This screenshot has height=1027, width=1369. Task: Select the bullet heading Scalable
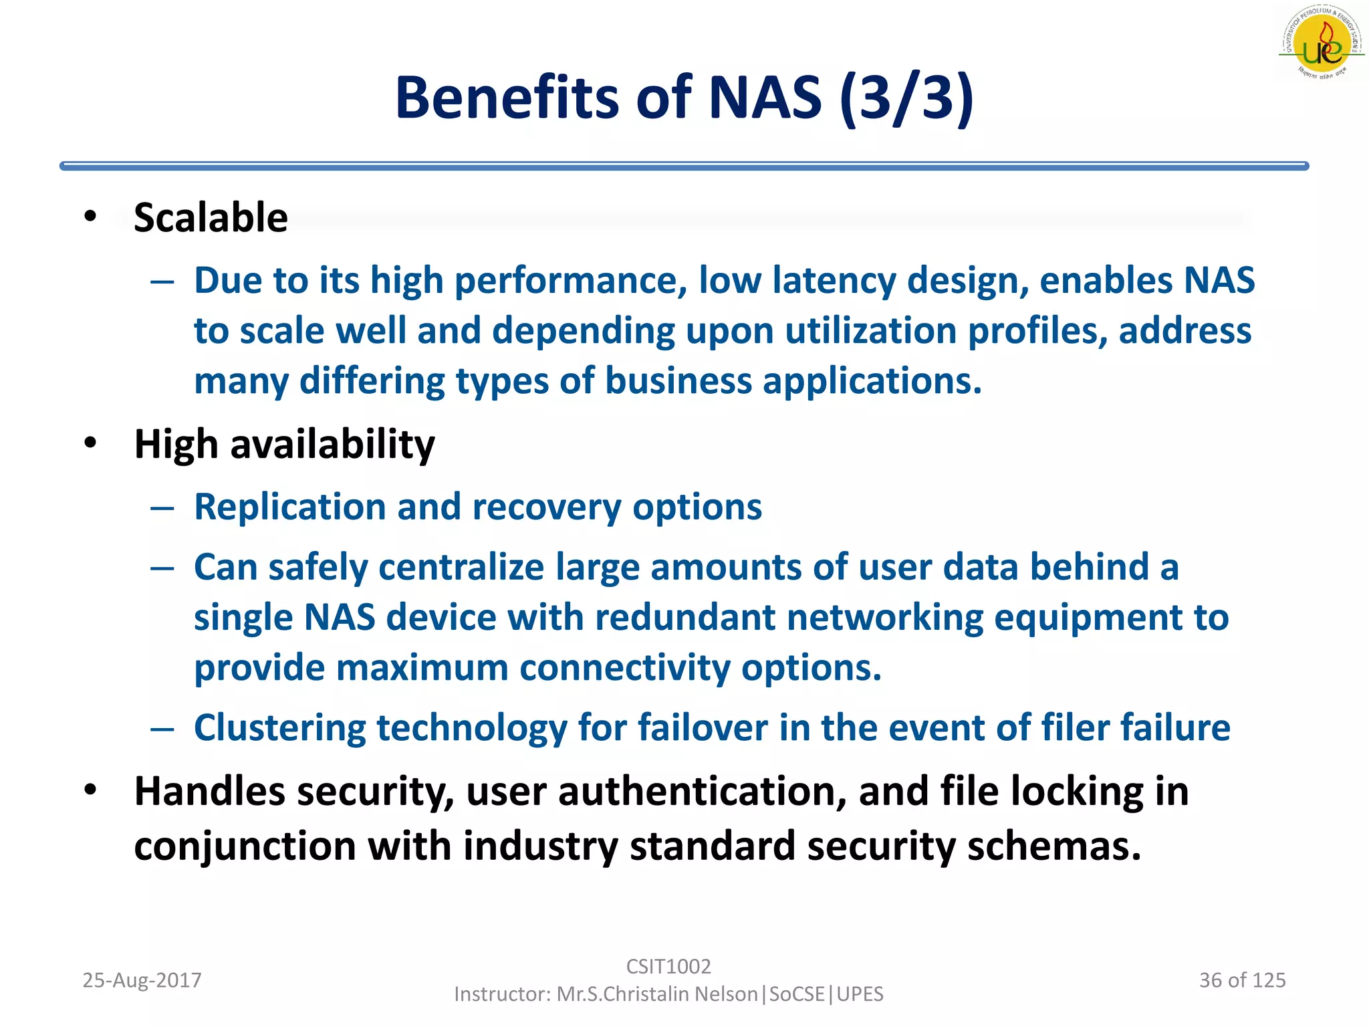click(211, 217)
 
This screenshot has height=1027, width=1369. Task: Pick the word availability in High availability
click(332, 445)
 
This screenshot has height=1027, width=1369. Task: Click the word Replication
click(289, 507)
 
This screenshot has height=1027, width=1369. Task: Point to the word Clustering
click(279, 727)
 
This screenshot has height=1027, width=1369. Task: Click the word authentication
click(703, 792)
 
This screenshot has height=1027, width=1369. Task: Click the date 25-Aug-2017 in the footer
click(142, 980)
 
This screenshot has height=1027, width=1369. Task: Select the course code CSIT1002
click(668, 966)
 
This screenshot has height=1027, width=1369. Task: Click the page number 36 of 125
click(1242, 980)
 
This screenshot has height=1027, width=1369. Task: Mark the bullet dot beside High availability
click(91, 443)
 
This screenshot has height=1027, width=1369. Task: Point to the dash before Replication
click(162, 508)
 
